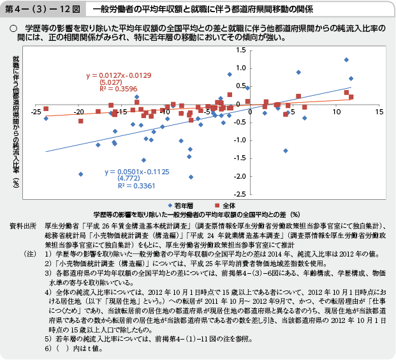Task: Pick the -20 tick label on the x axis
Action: coord(79,112)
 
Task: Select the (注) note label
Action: coord(28,254)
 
